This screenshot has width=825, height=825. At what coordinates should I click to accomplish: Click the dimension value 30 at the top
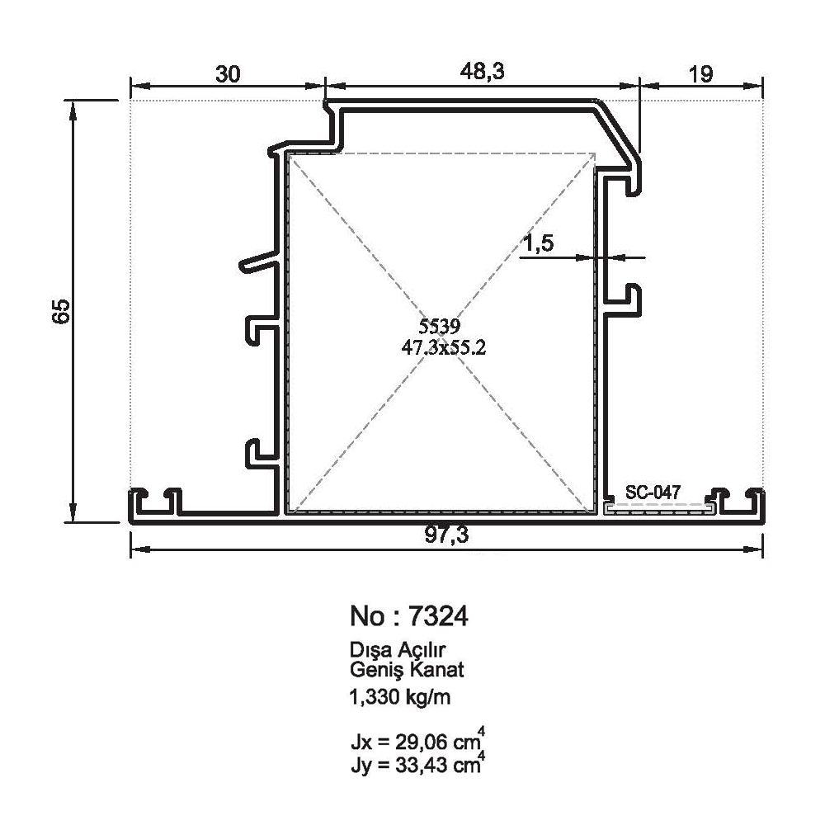(x=228, y=74)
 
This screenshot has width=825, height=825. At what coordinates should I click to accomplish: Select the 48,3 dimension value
(x=482, y=71)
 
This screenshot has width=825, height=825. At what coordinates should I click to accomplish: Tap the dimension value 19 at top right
(x=700, y=74)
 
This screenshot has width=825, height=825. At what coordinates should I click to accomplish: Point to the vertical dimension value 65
(x=62, y=311)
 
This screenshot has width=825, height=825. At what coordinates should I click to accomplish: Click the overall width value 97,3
(x=446, y=535)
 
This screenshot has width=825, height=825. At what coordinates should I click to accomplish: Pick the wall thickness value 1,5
(x=538, y=243)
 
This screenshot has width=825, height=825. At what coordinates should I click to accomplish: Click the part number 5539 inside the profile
(x=440, y=327)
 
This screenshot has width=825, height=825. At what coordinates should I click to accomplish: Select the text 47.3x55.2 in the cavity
(x=444, y=347)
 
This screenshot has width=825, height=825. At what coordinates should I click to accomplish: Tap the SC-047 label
(x=653, y=492)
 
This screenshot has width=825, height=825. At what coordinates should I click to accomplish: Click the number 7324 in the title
(x=438, y=616)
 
